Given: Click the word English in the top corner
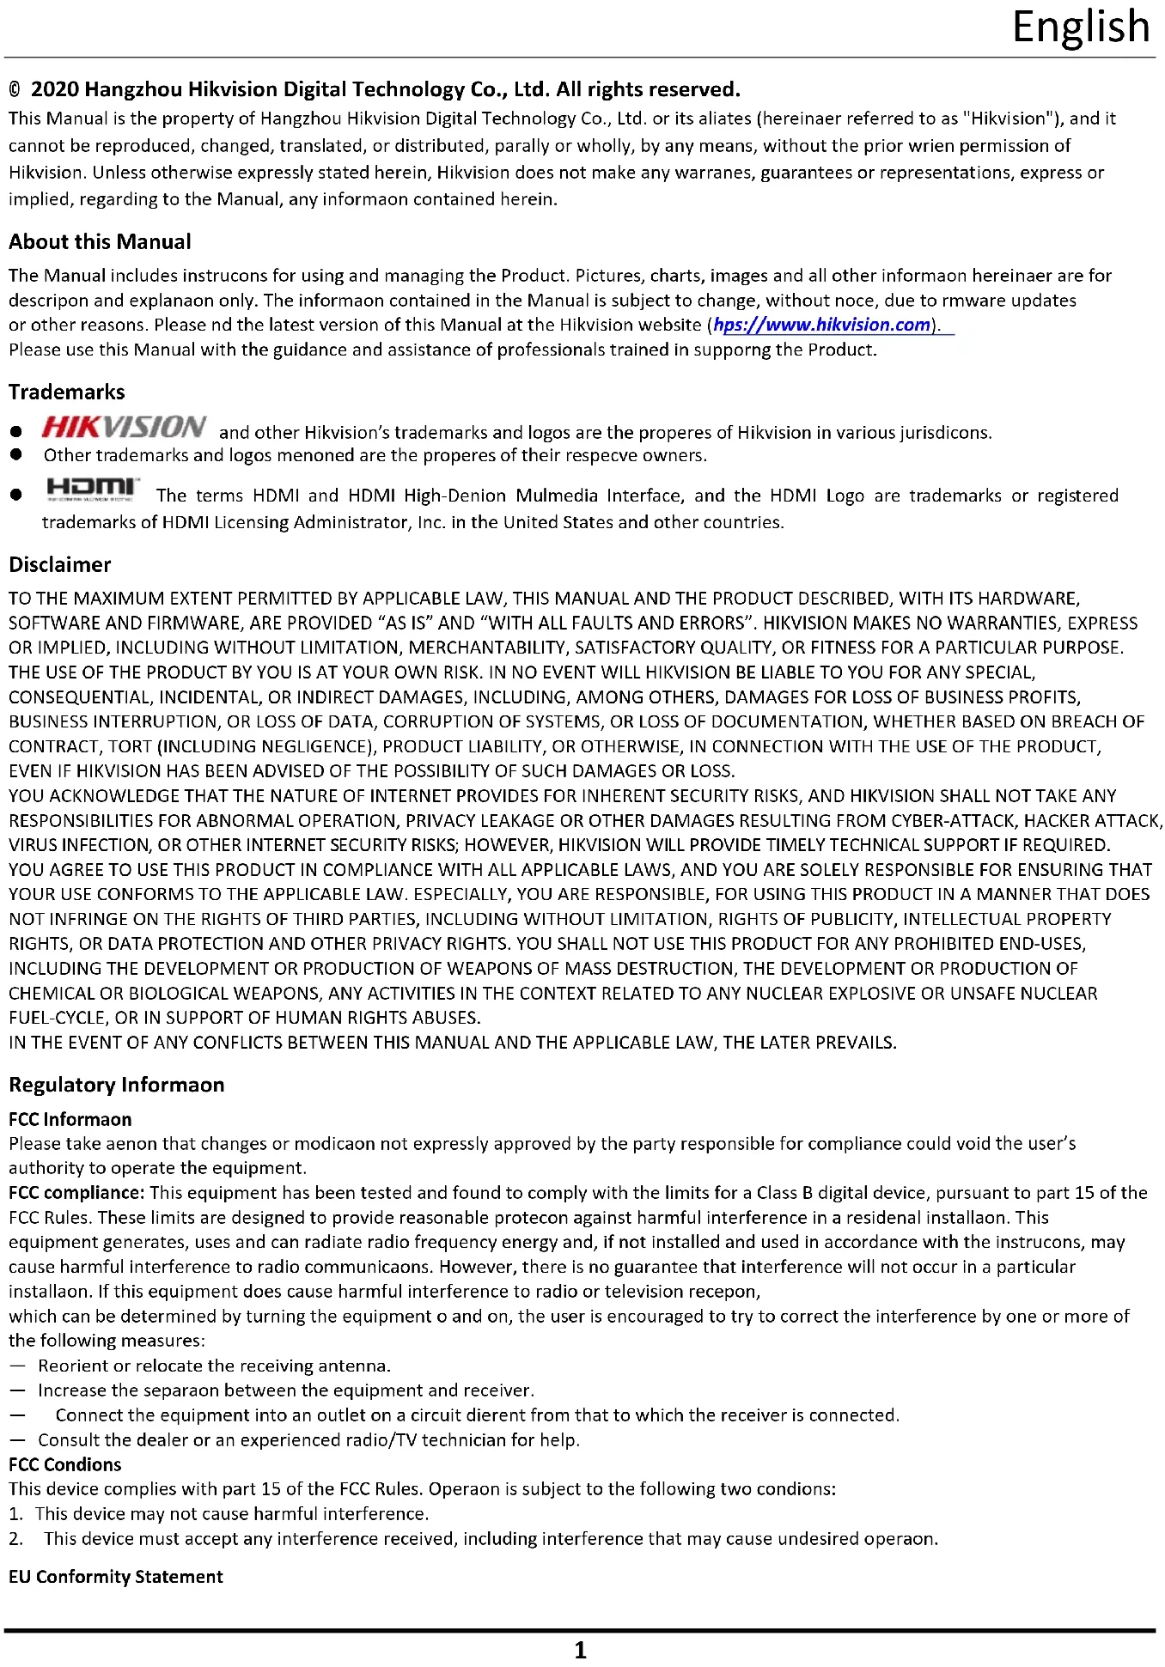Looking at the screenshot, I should pyautogui.click(x=1080, y=27).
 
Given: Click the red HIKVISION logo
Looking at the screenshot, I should pyautogui.click(x=124, y=427).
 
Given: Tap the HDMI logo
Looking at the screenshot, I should pyautogui.click(x=93, y=489).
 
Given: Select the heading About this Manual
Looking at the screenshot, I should pyautogui.click(x=100, y=242).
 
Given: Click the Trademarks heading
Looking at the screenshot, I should pyautogui.click(x=67, y=392).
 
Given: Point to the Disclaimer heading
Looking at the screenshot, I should pyautogui.click(x=60, y=565).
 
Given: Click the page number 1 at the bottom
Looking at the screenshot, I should pyautogui.click(x=581, y=1650).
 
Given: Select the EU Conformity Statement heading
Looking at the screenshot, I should pyautogui.click(x=116, y=1577).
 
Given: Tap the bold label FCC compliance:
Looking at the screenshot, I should pyautogui.click(x=76, y=1193).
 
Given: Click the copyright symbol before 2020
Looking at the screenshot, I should pyautogui.click(x=15, y=90).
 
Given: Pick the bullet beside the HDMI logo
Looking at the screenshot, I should pyautogui.click(x=15, y=496).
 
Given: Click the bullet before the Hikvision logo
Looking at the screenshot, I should pyautogui.click(x=15, y=433).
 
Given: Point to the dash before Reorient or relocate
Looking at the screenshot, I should pyautogui.click(x=17, y=1366).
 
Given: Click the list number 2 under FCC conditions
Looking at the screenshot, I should pyautogui.click(x=15, y=1539).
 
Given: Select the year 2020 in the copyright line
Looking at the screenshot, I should pyautogui.click(x=55, y=90).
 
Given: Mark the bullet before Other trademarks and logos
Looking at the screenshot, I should pyautogui.click(x=15, y=455).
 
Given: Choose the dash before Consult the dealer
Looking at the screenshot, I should pyautogui.click(x=17, y=1440).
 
